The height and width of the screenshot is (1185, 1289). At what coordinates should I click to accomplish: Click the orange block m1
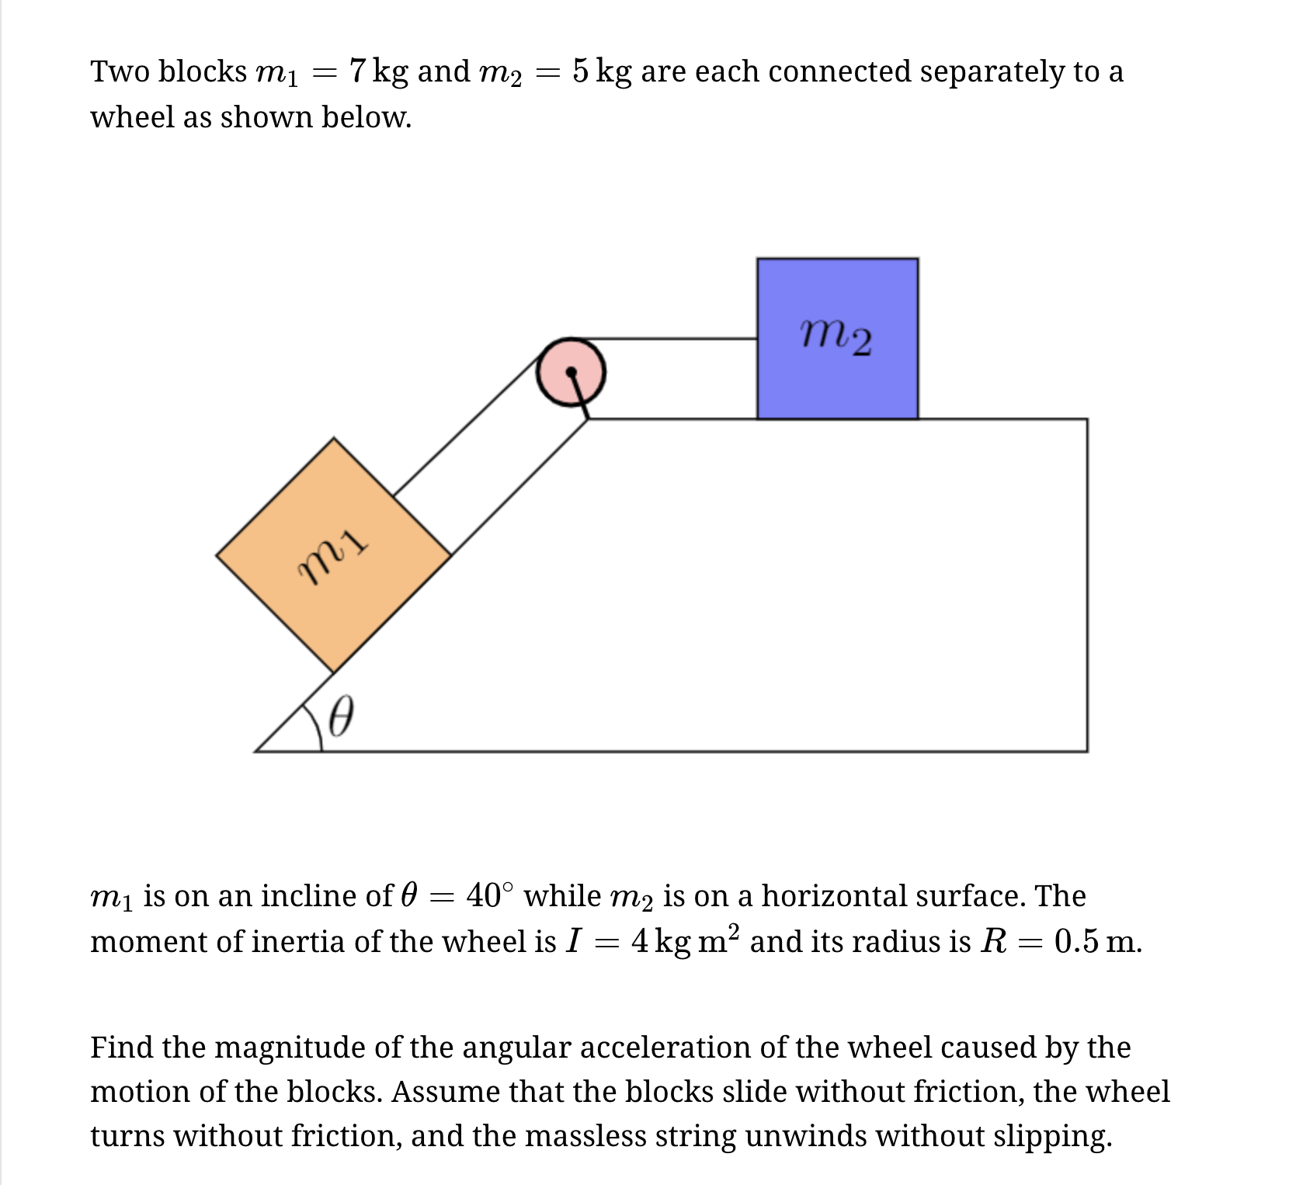334,555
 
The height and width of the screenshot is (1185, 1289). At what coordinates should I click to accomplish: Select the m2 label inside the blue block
836,337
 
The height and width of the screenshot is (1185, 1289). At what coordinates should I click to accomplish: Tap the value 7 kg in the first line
378,71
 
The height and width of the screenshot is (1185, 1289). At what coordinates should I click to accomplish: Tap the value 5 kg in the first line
602,71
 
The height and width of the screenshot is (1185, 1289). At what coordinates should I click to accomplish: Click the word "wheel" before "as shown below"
132,117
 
